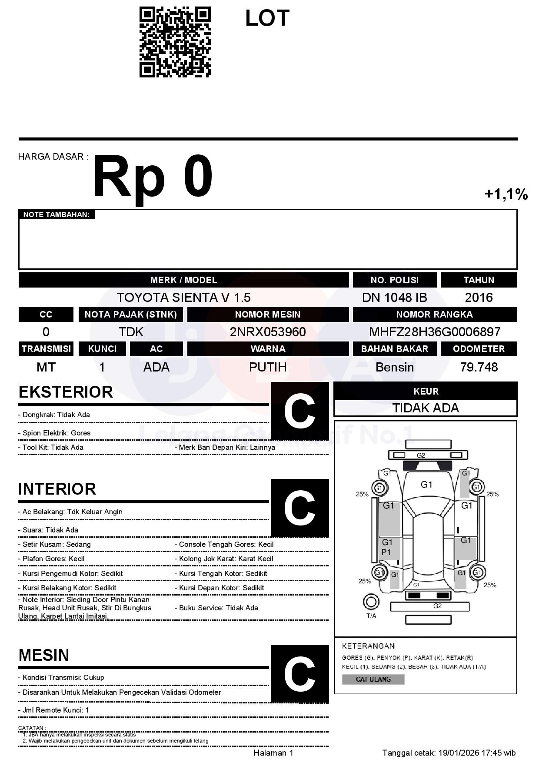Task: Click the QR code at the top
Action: point(175,42)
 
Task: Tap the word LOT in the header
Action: point(267,18)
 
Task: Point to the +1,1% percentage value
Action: point(506,194)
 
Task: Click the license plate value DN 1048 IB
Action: point(394,298)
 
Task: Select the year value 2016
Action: point(479,298)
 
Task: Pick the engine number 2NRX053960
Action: point(268,332)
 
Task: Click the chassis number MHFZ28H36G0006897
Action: point(435,332)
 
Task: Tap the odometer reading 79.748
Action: point(479,367)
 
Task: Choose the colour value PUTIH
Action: point(268,367)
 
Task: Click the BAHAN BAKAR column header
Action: point(394,349)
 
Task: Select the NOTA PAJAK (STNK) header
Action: point(130,315)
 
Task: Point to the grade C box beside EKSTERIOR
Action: point(299,411)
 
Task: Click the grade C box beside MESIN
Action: point(299,674)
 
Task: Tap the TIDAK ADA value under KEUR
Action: point(426,408)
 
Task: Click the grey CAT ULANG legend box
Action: point(373,679)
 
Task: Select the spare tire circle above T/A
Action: point(371,602)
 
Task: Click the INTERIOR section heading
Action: point(57,489)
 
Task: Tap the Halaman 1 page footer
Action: point(273,753)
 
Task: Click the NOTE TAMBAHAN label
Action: point(56,214)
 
